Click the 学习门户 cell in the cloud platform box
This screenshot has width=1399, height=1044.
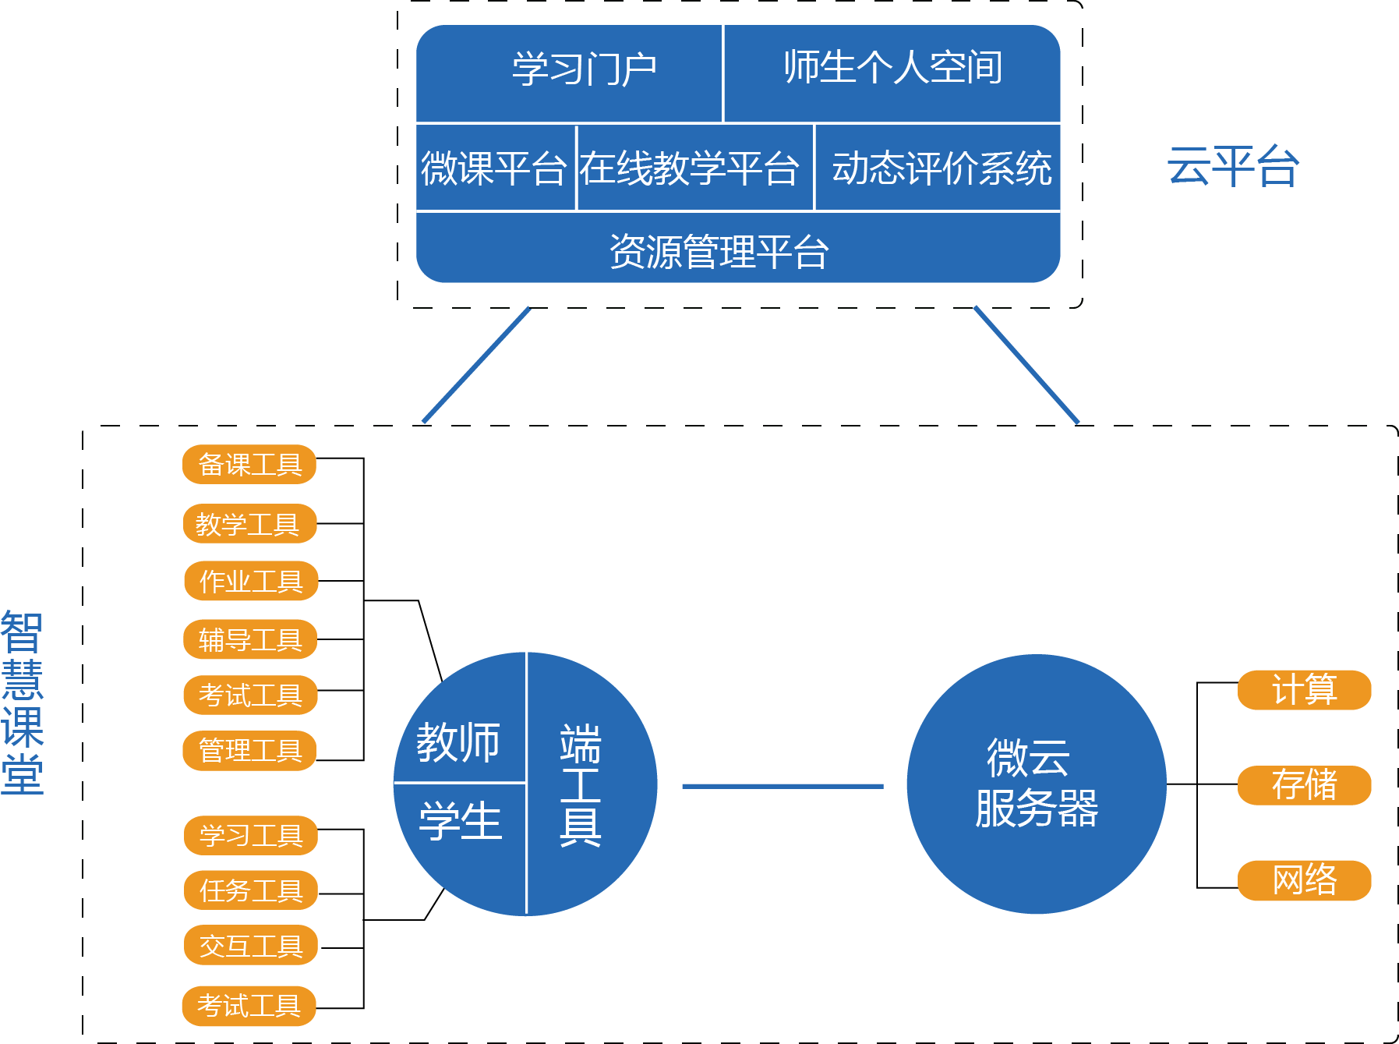tap(583, 70)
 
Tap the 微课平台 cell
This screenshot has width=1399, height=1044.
tap(494, 168)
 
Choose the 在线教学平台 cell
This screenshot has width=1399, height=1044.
tap(690, 168)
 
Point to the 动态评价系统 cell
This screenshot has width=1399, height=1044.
tap(941, 168)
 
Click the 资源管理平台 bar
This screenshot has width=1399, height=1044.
tap(718, 251)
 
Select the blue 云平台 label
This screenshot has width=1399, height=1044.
tap(1232, 166)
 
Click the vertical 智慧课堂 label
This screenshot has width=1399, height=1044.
tap(22, 702)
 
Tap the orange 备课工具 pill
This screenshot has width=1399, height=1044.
tap(249, 465)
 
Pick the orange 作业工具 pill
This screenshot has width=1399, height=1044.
tap(251, 582)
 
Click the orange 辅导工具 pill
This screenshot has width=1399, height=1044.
tap(249, 640)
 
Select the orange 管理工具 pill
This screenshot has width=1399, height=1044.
tap(249, 751)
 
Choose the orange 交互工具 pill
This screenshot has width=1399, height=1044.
tap(251, 946)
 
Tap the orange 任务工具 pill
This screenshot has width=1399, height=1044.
tap(251, 890)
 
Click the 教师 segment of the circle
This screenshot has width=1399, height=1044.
tap(458, 741)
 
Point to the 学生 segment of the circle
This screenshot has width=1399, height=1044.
tap(460, 823)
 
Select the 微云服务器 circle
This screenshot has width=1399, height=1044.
tap(1036, 784)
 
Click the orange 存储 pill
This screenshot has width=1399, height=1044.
tap(1304, 785)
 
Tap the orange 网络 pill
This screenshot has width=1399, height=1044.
tap(1304, 880)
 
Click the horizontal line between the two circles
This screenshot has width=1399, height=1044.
tap(783, 786)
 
